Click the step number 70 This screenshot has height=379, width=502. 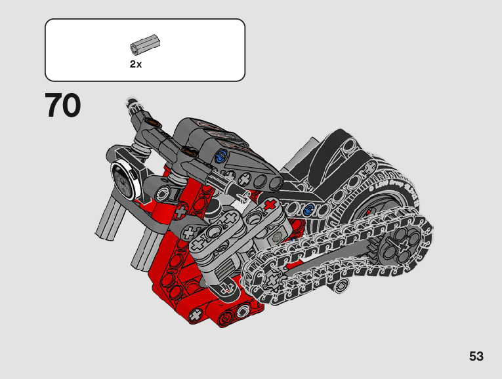[63, 105]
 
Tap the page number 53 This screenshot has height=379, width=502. [476, 356]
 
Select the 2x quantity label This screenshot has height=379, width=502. [136, 64]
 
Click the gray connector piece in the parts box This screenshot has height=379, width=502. [145, 43]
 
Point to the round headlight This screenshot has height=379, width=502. [123, 180]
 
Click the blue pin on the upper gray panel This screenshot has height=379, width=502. [221, 157]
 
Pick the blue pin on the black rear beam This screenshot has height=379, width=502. [308, 210]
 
